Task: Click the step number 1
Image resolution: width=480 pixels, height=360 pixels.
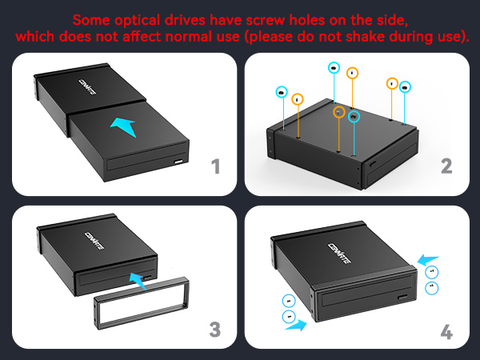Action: tap(214, 166)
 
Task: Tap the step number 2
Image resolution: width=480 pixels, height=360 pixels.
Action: tap(446, 166)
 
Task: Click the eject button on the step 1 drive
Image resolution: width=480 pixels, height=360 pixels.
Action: tap(178, 166)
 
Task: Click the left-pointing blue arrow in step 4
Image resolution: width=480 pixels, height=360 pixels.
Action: tap(428, 258)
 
